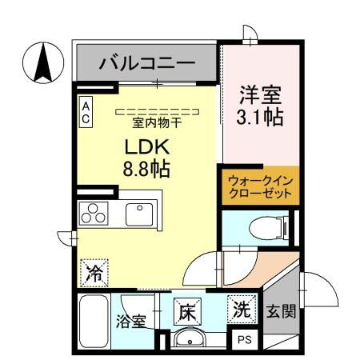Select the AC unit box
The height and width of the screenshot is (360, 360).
[x=86, y=111]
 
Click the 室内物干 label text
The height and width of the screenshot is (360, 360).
[x=158, y=122]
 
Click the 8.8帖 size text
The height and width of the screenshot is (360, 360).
[x=146, y=170]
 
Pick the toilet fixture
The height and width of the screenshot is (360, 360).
[x=263, y=226]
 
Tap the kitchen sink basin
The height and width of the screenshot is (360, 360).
[x=138, y=215]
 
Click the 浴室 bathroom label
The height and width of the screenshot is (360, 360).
[x=132, y=322]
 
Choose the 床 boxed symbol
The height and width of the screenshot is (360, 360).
[x=186, y=310]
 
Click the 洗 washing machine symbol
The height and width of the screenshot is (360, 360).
[x=242, y=310]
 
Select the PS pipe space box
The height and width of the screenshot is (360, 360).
[x=244, y=339]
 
